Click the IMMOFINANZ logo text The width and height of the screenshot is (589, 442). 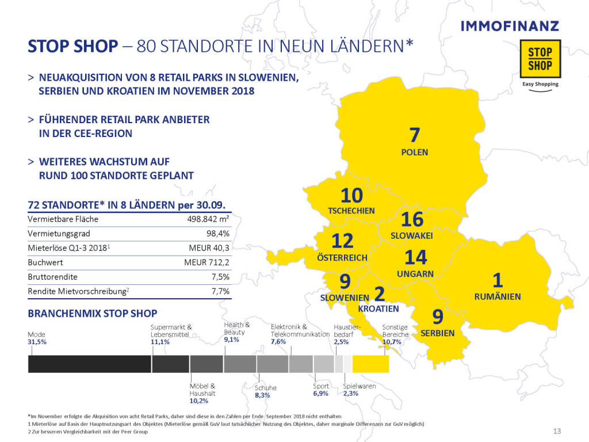(510, 26)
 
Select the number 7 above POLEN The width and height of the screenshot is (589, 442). (415, 135)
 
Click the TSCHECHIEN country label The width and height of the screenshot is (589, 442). (351, 211)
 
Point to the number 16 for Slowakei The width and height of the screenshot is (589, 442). (412, 219)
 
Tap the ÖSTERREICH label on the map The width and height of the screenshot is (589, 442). (342, 258)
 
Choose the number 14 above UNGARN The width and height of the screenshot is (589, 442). (415, 258)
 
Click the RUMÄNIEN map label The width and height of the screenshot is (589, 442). (498, 297)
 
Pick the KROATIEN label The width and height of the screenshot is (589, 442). (378, 309)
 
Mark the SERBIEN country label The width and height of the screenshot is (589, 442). (438, 333)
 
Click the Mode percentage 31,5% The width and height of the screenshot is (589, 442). (37, 342)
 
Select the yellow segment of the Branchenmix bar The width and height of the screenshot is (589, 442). (370, 364)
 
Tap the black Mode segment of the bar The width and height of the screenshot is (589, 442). (89, 364)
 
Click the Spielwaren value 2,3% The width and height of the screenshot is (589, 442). (350, 394)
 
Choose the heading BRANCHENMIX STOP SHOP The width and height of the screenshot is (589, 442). (92, 314)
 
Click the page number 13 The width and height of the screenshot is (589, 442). (556, 431)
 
